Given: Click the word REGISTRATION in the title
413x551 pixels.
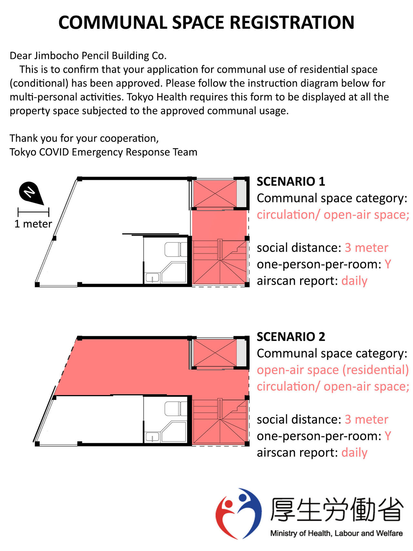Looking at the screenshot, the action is click(x=292, y=23).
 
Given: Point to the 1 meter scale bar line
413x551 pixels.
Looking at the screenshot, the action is click(x=34, y=212).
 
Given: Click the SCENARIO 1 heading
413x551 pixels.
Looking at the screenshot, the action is click(x=291, y=181).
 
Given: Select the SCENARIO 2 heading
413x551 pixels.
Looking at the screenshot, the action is click(x=291, y=337).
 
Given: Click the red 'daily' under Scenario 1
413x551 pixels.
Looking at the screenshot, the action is click(x=354, y=281).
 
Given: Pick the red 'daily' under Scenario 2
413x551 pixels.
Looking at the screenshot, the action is click(x=354, y=453).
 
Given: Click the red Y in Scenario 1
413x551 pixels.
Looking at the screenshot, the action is click(x=388, y=264).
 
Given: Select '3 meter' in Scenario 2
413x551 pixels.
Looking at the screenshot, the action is click(x=366, y=419).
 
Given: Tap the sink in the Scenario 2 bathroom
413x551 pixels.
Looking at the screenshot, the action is click(x=152, y=437).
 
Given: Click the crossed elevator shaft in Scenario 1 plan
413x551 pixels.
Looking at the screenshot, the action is click(x=215, y=194).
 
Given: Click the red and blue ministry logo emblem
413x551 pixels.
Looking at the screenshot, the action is click(x=239, y=513).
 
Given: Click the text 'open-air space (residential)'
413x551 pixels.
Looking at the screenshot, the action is click(x=333, y=370).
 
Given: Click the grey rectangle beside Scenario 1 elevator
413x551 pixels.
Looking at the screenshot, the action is click(x=241, y=194).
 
